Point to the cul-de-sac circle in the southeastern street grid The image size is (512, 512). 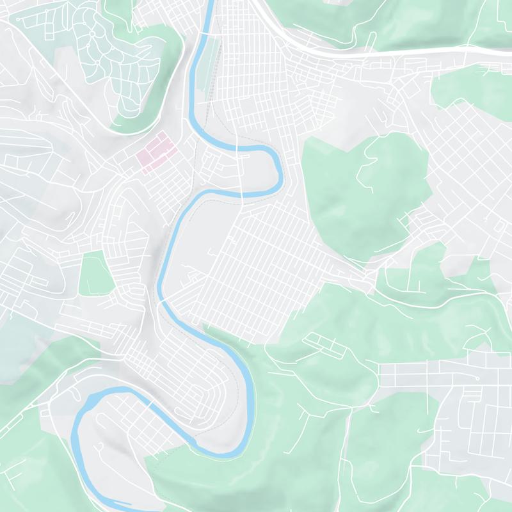point(476,379)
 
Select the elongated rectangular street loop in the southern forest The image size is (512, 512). point(326,344)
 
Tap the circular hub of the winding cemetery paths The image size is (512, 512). point(93,33)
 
